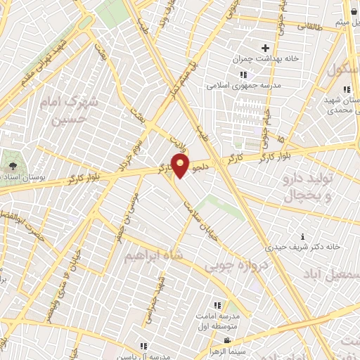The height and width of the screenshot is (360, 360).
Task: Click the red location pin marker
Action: (181, 166)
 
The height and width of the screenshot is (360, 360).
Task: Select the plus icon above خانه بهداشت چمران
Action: (265, 49)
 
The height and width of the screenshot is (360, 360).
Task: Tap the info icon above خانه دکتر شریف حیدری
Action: (302, 236)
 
